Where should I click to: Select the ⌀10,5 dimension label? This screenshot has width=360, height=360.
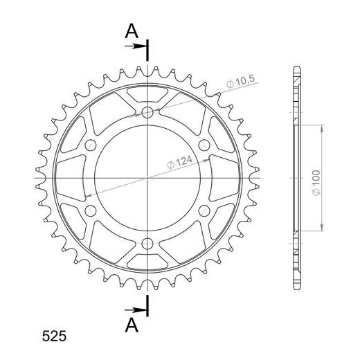coord(242,82)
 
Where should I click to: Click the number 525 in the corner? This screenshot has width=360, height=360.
coord(54,338)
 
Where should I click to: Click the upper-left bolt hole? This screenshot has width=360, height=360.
coord(91,145)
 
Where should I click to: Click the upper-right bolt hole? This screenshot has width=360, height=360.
coord(204,145)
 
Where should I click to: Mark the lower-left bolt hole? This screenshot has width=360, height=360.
coord(91,210)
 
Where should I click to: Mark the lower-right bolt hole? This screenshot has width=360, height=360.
coord(204,210)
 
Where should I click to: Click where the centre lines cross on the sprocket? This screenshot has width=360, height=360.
coord(147,178)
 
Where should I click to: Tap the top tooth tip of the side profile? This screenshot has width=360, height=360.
coord(298,67)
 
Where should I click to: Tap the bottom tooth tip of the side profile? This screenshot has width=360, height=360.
coord(298,289)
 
